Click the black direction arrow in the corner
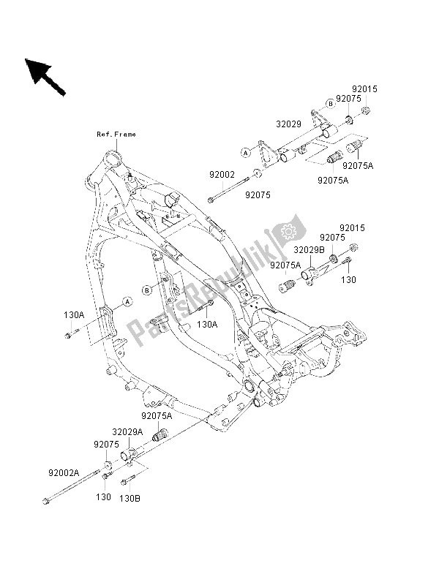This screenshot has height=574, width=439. coord(44,76)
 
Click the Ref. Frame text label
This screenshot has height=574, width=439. coord(116,134)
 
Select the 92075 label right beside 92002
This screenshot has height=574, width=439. coord(258,195)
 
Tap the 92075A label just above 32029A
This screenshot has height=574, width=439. coord(157,415)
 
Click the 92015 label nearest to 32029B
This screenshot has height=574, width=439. coord(350,228)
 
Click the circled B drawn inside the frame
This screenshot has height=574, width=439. coord(147,290)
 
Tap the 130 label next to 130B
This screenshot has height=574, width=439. coord(104,497)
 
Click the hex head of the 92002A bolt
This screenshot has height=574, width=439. coord(47,501)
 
